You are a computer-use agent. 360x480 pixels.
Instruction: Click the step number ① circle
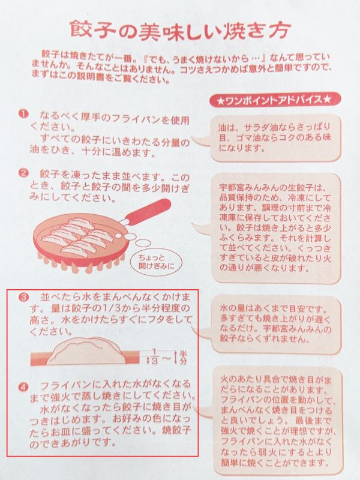(x=23, y=114)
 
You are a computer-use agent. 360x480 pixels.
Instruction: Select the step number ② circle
(x=23, y=174)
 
